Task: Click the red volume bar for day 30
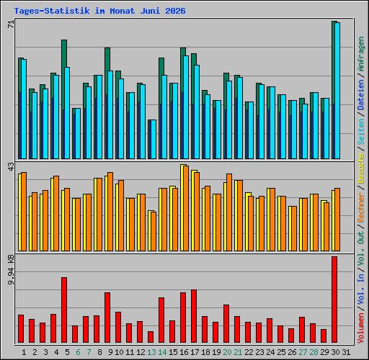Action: [334, 300]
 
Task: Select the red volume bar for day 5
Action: [64, 310]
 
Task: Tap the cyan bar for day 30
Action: [337, 91]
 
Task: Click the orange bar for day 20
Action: [229, 212]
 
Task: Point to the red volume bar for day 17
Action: [194, 316]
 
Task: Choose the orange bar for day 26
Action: [294, 229]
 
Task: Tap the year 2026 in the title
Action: [175, 11]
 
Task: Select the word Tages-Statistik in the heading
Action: [52, 11]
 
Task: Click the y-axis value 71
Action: [11, 24]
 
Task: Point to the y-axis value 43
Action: [11, 167]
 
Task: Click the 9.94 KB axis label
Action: [11, 270]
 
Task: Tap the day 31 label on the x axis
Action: [346, 352]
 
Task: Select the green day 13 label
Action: [151, 352]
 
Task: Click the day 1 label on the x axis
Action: [24, 352]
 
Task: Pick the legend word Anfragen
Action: [361, 54]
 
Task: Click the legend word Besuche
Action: [361, 168]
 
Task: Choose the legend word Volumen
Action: [361, 328]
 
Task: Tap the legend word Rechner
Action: [361, 207]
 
